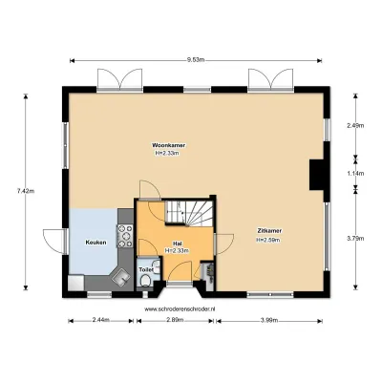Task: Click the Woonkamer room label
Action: [x=170, y=146]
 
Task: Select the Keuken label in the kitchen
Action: [x=95, y=243]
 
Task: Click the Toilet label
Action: [x=145, y=270]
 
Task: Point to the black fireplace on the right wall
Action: [x=315, y=174]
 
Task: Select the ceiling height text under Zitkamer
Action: [x=267, y=240]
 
